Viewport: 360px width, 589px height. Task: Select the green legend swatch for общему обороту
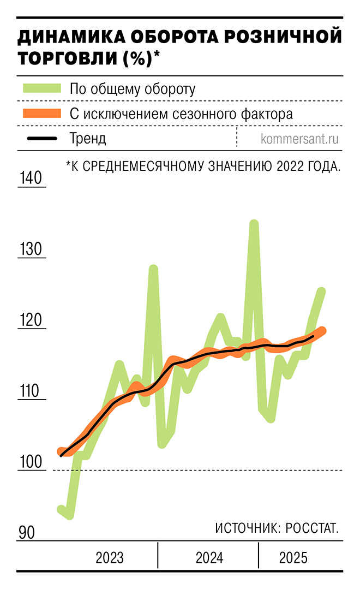[x=41, y=89]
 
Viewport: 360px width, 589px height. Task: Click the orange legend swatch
[x=41, y=114]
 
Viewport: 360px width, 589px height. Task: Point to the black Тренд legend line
[x=41, y=139]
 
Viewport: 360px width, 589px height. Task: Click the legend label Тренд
[x=87, y=139]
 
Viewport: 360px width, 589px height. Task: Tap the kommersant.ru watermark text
[x=299, y=139]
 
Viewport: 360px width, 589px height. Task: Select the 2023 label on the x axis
[x=110, y=558]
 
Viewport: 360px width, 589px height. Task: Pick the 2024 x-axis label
[x=209, y=558]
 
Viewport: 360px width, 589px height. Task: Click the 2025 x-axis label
[x=293, y=558]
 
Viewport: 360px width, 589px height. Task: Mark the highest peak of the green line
[x=254, y=223]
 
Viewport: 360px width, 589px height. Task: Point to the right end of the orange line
[x=322, y=330]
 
